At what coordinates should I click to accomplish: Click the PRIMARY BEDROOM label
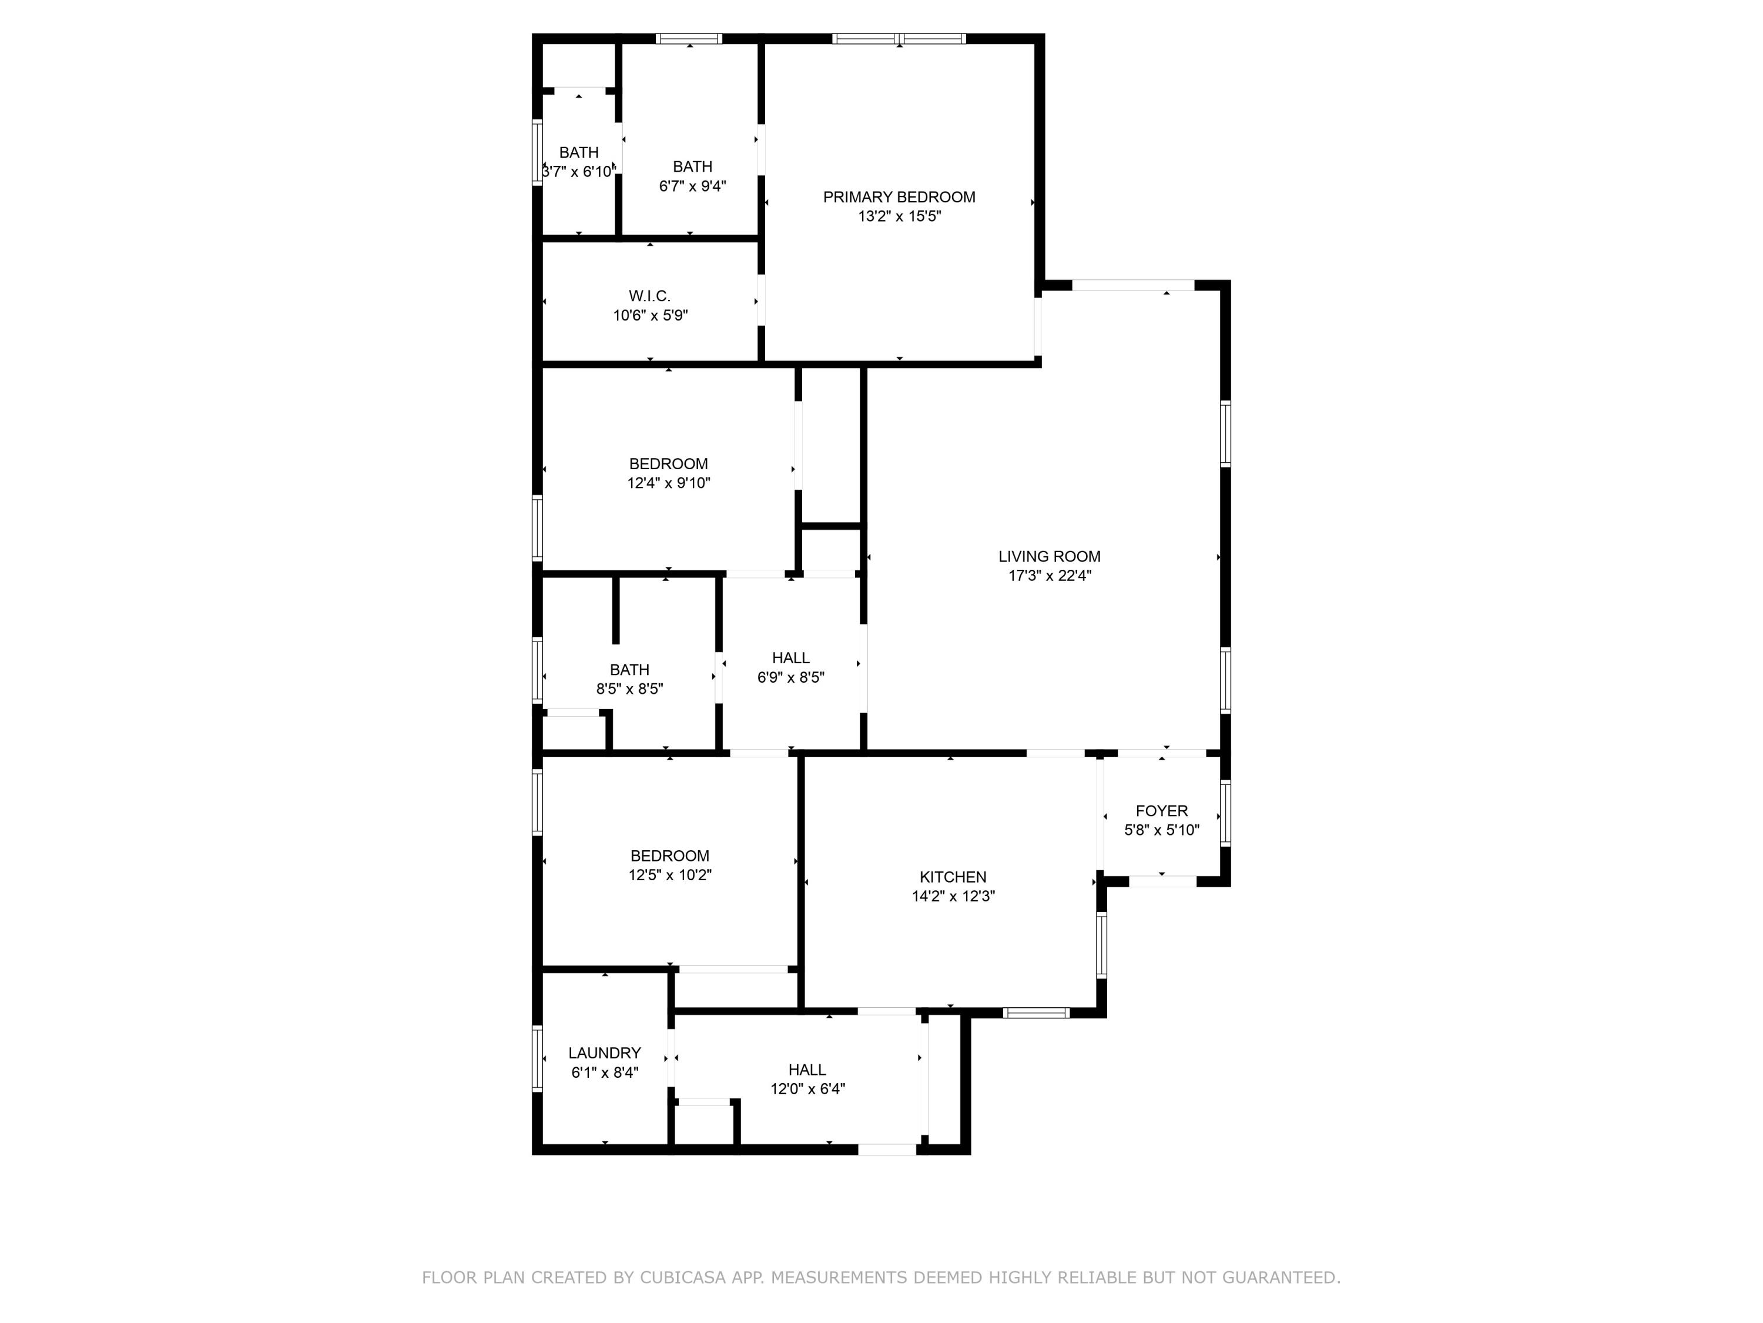pyautogui.click(x=899, y=197)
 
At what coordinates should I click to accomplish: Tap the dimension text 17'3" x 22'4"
pyautogui.click(x=1050, y=576)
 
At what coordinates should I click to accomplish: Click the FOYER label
pyautogui.click(x=1161, y=810)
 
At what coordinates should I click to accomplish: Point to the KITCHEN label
pyautogui.click(x=953, y=877)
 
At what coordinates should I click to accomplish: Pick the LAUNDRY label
pyautogui.click(x=604, y=1053)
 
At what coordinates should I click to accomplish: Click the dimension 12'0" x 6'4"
pyautogui.click(x=807, y=1088)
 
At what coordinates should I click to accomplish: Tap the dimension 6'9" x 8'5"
pyautogui.click(x=790, y=677)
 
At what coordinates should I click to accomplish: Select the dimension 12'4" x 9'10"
pyautogui.click(x=669, y=483)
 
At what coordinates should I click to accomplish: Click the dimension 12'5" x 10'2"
pyautogui.click(x=669, y=875)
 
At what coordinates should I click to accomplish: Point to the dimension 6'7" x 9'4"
pyautogui.click(x=693, y=186)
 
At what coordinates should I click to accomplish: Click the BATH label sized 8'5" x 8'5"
pyautogui.click(x=629, y=669)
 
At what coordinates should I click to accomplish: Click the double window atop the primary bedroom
pyautogui.click(x=899, y=38)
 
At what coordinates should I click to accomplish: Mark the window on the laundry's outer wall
pyautogui.click(x=537, y=1057)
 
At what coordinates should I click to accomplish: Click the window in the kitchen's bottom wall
pyautogui.click(x=1035, y=1013)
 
